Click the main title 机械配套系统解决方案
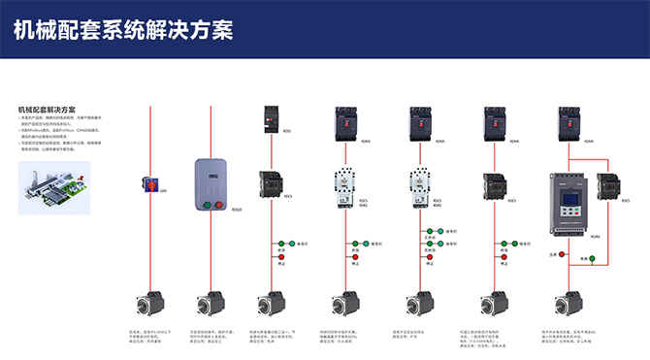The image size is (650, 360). tap(123, 30)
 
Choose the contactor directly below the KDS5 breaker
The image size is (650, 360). tap(271, 184)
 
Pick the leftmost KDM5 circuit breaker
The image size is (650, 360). tap(345, 124)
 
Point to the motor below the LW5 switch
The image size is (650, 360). tap(149, 303)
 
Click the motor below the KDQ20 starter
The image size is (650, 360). tap(211, 303)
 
